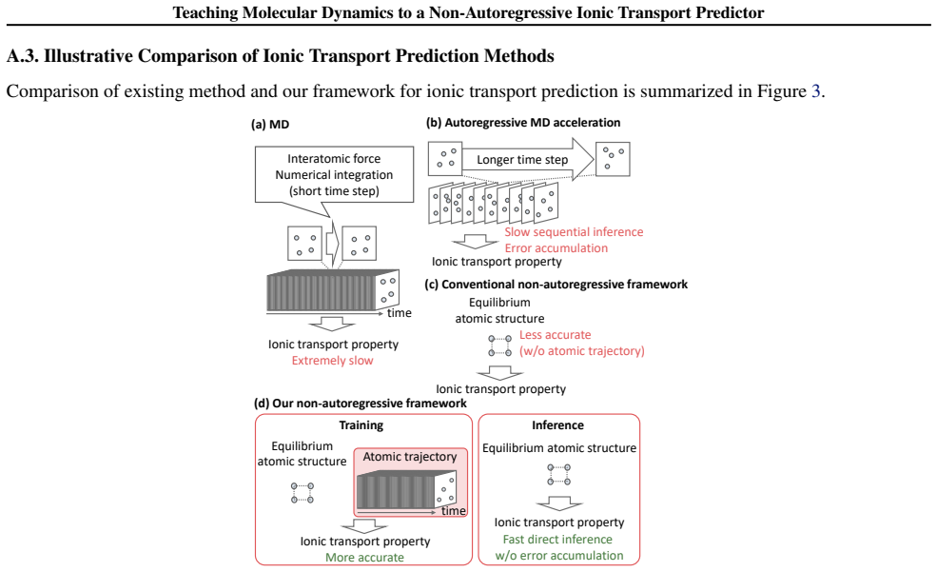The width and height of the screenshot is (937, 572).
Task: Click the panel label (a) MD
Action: (x=270, y=125)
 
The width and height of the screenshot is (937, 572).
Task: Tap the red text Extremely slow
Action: (x=332, y=361)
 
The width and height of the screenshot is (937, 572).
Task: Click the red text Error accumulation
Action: (x=556, y=248)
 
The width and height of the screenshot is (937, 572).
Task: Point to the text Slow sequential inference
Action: (x=574, y=232)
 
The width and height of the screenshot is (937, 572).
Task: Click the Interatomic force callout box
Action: (x=334, y=174)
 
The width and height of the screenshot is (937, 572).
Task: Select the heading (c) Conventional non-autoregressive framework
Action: (x=556, y=285)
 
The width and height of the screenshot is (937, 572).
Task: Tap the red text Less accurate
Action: (x=556, y=335)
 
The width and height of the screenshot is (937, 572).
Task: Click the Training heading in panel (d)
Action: (x=361, y=425)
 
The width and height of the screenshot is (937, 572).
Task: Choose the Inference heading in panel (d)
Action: (x=557, y=425)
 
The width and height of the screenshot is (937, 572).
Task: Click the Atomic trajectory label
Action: (x=410, y=457)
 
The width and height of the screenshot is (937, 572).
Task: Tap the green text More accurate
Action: (x=364, y=557)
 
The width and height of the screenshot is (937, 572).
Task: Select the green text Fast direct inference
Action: (x=557, y=539)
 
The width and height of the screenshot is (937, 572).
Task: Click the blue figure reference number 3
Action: (x=815, y=90)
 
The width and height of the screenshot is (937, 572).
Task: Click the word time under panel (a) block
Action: (x=400, y=312)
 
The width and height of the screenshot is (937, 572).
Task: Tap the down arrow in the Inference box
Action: (x=559, y=503)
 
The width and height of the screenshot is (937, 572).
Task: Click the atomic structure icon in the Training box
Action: (x=303, y=493)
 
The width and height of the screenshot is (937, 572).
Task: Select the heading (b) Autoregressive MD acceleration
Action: (x=523, y=123)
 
